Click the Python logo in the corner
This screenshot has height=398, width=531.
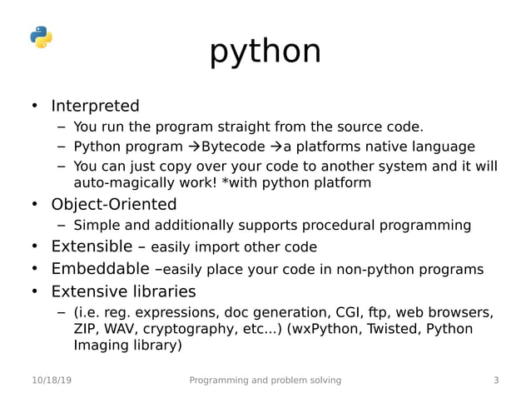[41, 37]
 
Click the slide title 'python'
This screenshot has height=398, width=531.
[265, 52]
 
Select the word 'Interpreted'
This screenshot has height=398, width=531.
[95, 107]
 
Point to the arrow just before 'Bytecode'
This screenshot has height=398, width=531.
[193, 147]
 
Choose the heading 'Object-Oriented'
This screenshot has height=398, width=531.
[113, 205]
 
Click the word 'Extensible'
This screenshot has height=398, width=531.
[92, 247]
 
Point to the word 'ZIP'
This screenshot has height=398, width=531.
[86, 329]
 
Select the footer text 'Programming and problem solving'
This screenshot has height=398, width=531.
[265, 381]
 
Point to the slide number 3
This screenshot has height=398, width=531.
[496, 381]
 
